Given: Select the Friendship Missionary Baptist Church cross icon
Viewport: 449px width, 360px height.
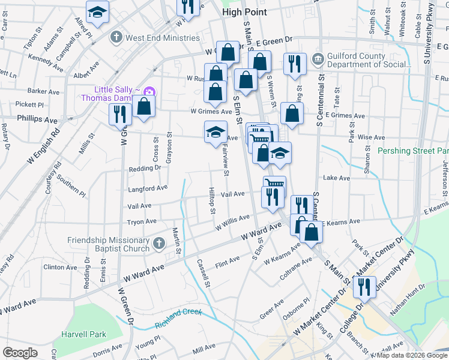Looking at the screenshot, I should click(x=158, y=244).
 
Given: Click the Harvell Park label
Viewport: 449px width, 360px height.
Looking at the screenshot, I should click(x=83, y=334).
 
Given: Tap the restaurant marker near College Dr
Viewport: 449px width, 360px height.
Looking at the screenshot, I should click(x=364, y=288).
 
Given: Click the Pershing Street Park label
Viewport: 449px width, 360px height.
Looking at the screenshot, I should click(x=413, y=151).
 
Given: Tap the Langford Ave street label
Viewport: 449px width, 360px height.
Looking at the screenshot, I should click(x=147, y=188).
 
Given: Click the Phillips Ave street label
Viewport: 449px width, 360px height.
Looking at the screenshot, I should click(x=37, y=119).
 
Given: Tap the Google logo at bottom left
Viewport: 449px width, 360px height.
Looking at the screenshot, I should click(x=20, y=353).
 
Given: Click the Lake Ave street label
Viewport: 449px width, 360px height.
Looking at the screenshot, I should click(x=336, y=178).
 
